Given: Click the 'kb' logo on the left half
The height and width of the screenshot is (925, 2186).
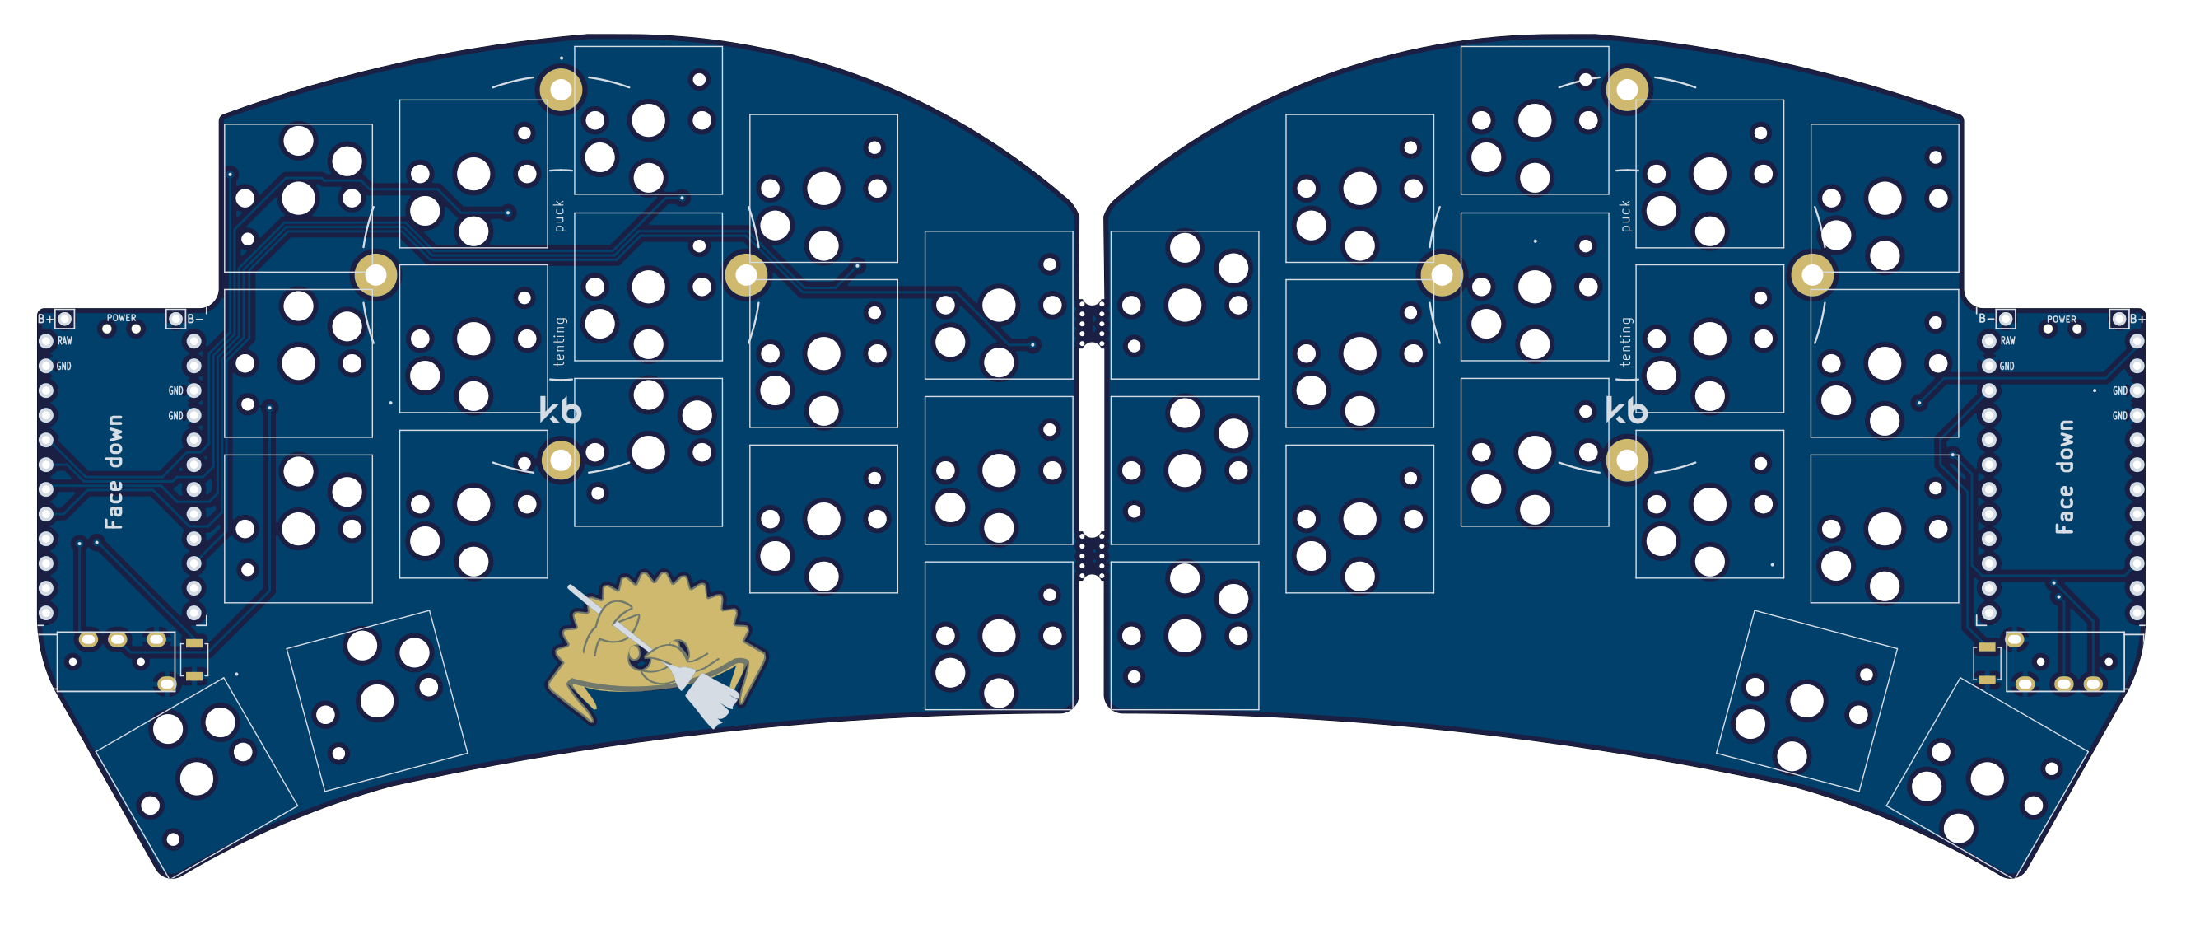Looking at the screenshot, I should click(x=560, y=411).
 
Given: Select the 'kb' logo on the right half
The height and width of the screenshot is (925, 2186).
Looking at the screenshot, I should click(x=1627, y=411).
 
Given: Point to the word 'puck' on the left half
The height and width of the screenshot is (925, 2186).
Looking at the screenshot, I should click(x=558, y=216).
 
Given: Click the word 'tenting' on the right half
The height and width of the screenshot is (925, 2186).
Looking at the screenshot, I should click(x=1625, y=341).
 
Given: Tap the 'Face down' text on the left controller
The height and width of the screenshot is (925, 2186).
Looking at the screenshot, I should click(x=114, y=472).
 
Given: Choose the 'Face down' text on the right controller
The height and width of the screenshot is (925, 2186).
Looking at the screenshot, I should click(x=2064, y=477).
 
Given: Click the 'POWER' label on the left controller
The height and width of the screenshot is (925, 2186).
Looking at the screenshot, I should click(x=121, y=318).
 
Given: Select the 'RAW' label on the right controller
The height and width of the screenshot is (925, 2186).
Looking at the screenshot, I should click(x=2008, y=341).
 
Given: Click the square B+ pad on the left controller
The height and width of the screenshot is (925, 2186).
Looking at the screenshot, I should click(x=64, y=318).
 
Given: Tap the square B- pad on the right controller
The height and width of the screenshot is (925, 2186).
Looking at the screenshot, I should click(x=2005, y=318).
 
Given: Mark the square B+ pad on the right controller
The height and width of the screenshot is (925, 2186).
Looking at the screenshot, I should click(x=2119, y=318).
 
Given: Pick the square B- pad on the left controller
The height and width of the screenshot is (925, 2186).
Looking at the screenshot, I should click(x=175, y=318).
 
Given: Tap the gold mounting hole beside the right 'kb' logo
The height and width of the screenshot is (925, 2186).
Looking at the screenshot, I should click(x=1627, y=460).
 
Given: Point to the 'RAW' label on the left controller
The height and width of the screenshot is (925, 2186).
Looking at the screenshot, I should click(x=64, y=341).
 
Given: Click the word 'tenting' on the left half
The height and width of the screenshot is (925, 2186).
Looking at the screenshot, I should click(x=558, y=341).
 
